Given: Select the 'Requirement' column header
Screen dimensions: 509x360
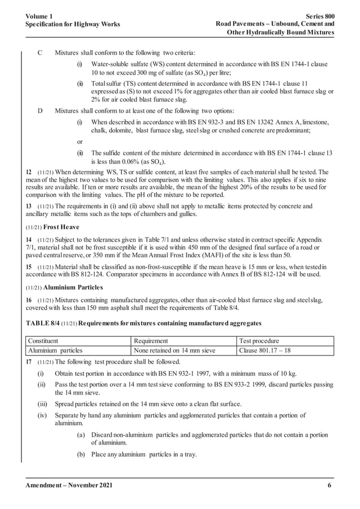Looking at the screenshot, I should pos(151,341).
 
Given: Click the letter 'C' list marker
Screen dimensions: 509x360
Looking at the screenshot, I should pos(39,52).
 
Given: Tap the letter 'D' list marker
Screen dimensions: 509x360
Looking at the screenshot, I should pos(39,110).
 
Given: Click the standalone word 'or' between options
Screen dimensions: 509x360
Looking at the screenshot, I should pos(80,142).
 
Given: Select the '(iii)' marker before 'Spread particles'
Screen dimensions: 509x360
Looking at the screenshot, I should pos(42,403).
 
